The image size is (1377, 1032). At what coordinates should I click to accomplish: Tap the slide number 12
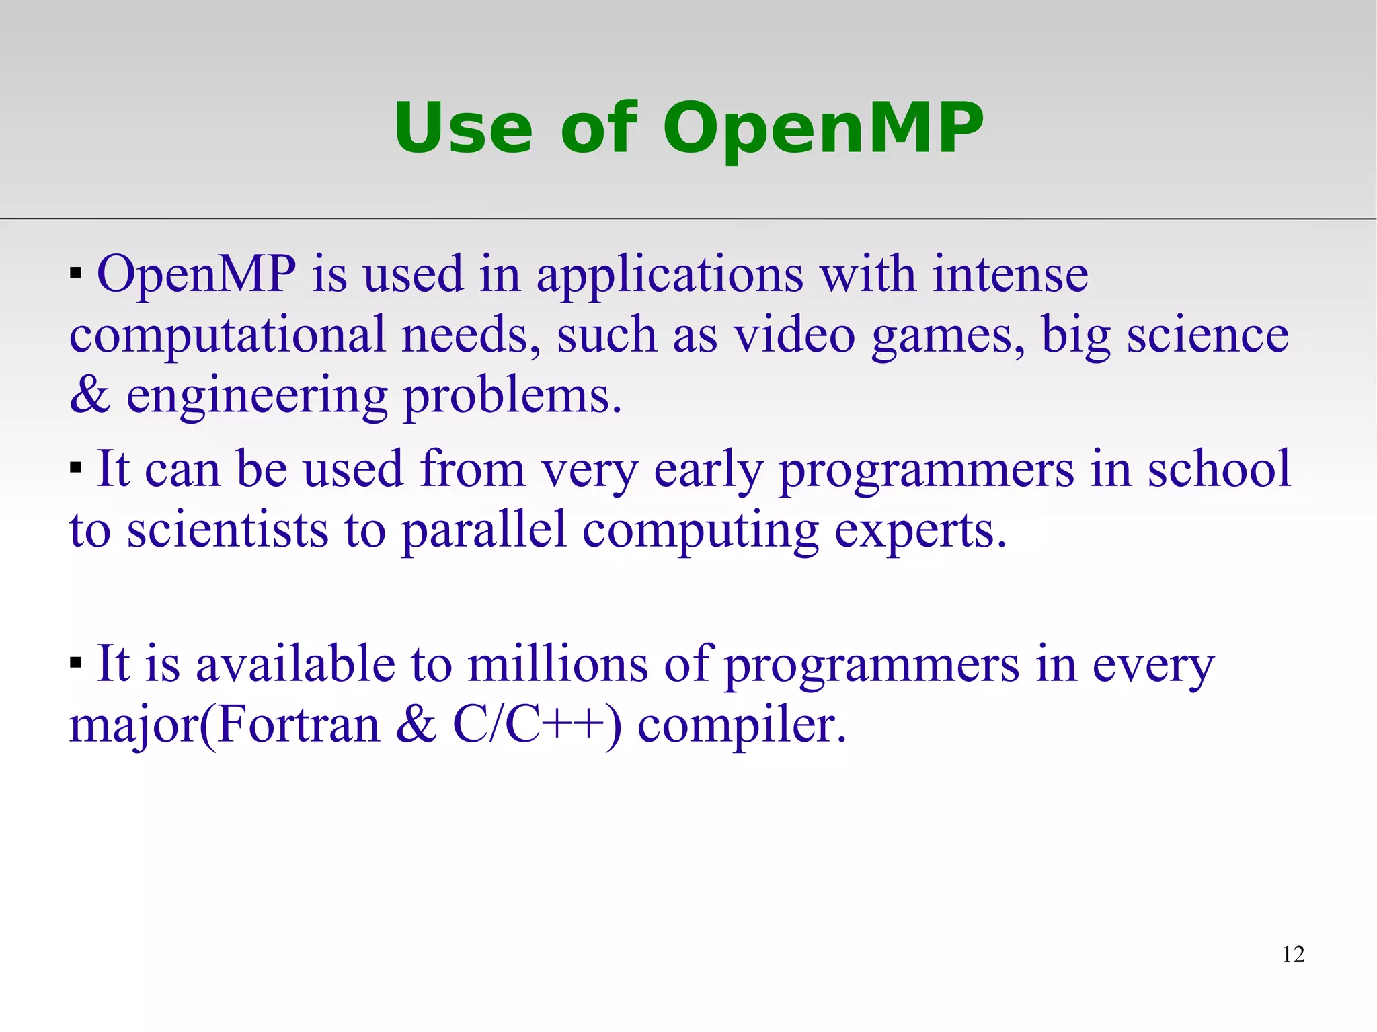[x=1293, y=954]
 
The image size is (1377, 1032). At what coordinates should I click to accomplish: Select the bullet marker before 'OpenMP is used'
[x=75, y=273]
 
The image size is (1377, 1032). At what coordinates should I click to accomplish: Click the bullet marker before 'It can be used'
[x=75, y=467]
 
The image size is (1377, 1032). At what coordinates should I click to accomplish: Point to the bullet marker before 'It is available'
[x=75, y=662]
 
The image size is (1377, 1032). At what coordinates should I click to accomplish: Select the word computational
[x=227, y=335]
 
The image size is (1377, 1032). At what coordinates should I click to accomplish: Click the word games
[x=947, y=336]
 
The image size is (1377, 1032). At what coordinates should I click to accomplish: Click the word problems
[x=512, y=397]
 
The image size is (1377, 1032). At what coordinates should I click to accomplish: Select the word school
[x=1218, y=469]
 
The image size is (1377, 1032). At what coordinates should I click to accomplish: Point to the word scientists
[x=227, y=530]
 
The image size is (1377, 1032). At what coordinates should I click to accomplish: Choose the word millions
[x=557, y=664]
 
